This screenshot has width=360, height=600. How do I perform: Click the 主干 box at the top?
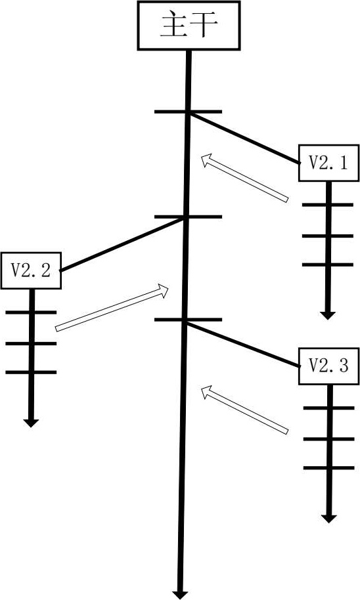[x=189, y=25]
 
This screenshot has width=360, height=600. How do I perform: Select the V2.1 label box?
[x=328, y=163]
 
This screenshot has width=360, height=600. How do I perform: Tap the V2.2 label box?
[x=31, y=270]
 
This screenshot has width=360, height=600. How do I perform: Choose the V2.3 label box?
[x=328, y=366]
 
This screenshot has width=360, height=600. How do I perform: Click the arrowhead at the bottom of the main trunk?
[x=180, y=595]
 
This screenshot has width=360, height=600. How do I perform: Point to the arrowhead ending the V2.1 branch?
[x=328, y=315]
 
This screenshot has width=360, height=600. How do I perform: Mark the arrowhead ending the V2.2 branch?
[x=31, y=423]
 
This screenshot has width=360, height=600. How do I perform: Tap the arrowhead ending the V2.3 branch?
[x=328, y=519]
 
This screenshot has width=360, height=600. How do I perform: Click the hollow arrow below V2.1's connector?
[x=245, y=178]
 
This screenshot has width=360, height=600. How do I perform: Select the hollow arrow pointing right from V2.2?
[x=112, y=308]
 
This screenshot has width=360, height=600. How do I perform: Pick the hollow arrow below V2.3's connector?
[x=245, y=410]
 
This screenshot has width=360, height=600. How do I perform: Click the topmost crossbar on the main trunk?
[x=188, y=112]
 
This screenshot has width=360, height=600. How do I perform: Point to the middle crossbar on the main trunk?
[x=188, y=217]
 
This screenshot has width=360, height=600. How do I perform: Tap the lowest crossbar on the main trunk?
[x=188, y=320]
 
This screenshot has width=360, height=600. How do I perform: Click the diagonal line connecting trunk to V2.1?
[x=244, y=139]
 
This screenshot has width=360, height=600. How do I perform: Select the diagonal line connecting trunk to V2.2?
[x=122, y=244]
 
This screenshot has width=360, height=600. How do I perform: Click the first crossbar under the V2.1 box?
[x=328, y=205]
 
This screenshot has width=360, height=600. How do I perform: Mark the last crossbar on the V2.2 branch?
[x=31, y=372]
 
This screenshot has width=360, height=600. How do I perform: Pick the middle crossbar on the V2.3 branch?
[x=329, y=439]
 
